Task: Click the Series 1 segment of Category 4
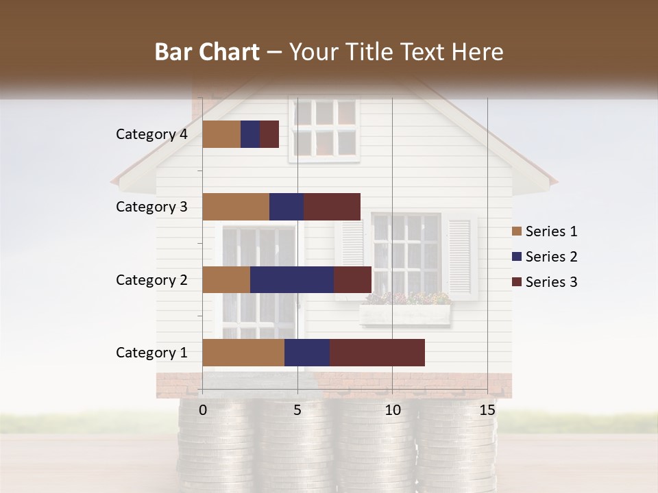tap(221, 134)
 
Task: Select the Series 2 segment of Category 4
tap(250, 134)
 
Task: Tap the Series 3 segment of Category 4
tap(269, 134)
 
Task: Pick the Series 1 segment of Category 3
tap(236, 207)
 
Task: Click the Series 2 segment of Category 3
tap(287, 207)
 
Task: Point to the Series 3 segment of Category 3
tap(332, 207)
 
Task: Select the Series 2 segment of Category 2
tap(292, 279)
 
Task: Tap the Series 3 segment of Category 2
tap(352, 279)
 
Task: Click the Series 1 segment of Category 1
tap(243, 353)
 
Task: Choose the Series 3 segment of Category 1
tap(377, 353)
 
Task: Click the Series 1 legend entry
tap(544, 231)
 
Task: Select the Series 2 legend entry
tap(544, 257)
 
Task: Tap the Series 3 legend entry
tap(544, 282)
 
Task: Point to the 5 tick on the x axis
tap(297, 410)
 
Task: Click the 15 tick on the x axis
tap(487, 410)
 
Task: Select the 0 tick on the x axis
tap(203, 410)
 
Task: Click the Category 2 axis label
tap(151, 279)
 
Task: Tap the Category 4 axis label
tap(151, 134)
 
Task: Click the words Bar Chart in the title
tap(207, 52)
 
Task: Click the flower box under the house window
tap(405, 313)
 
